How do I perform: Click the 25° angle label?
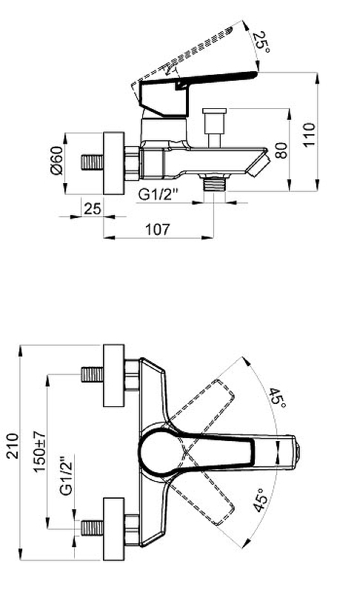click(261, 42)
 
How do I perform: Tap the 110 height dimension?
click(309, 135)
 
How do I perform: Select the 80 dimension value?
click(281, 150)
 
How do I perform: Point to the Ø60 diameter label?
click(56, 160)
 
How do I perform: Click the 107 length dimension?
click(158, 229)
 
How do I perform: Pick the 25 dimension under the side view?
click(93, 208)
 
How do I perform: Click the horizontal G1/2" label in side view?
click(158, 194)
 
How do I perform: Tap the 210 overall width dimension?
click(13, 446)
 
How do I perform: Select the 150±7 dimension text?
click(40, 451)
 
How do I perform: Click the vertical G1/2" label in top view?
click(66, 477)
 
